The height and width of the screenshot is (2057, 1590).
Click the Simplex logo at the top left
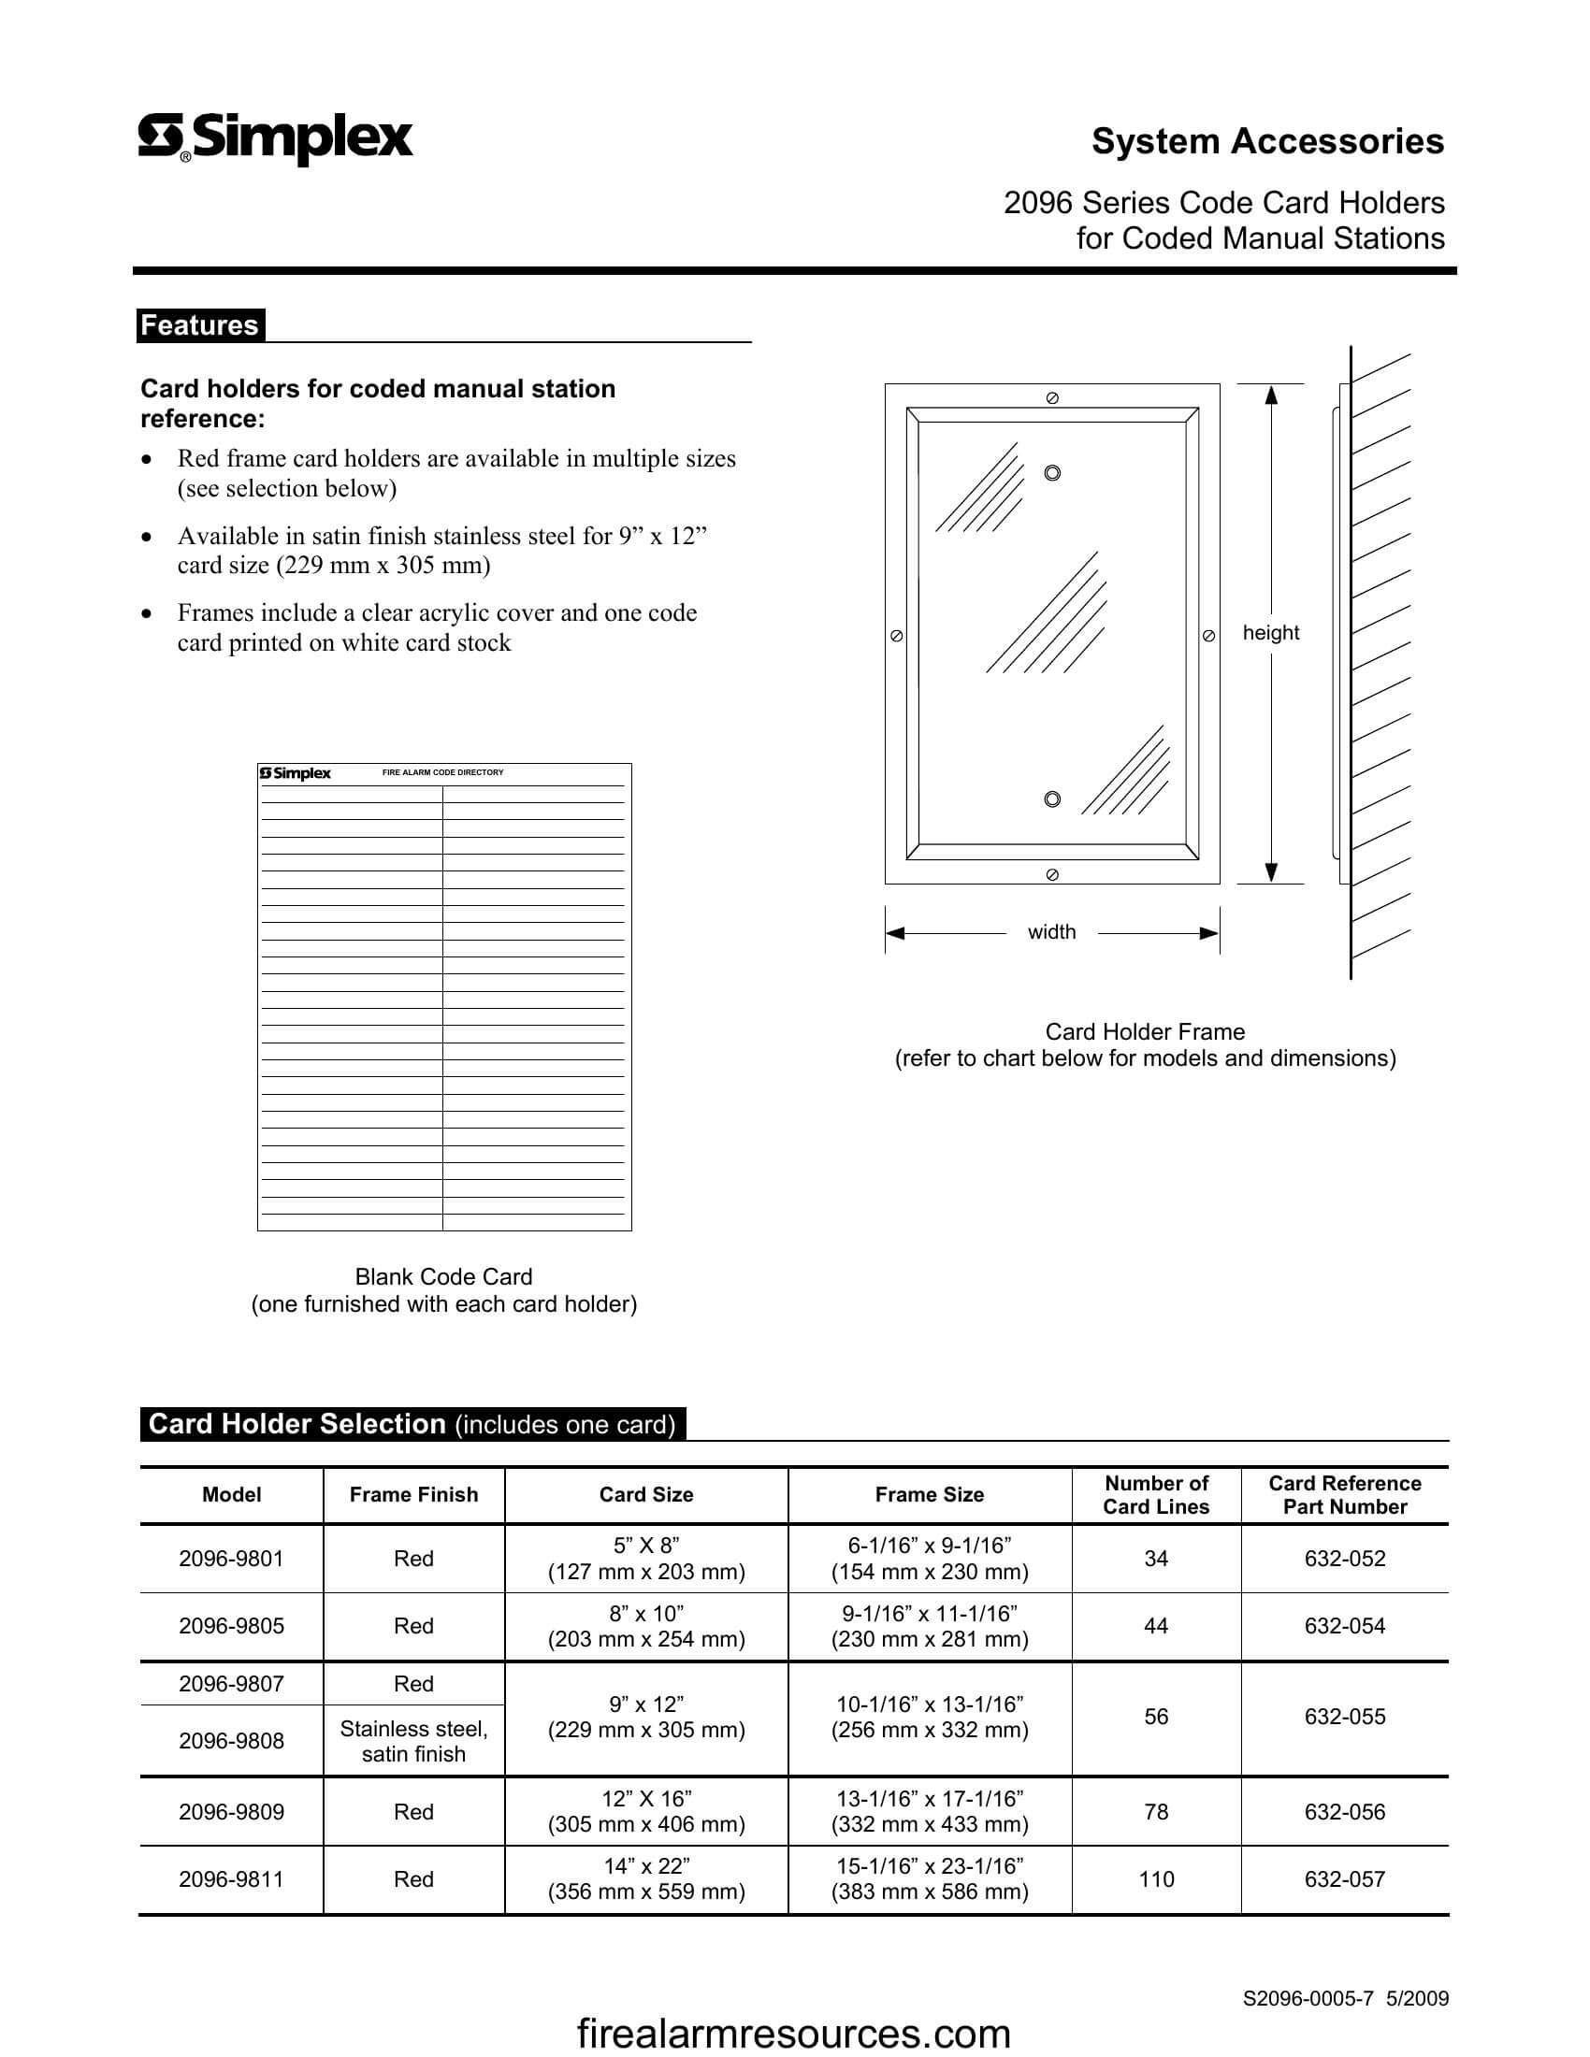275,138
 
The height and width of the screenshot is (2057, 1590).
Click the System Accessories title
1267,141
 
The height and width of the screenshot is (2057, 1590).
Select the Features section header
200,325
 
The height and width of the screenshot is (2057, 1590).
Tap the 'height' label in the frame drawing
1271,633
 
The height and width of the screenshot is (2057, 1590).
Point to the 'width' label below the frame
1051,932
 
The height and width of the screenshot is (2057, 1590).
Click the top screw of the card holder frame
1052,398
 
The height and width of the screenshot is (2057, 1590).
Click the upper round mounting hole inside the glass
1052,473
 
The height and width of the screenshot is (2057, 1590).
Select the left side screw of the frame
897,636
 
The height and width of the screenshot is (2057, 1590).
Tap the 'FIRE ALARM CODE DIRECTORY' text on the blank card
442,772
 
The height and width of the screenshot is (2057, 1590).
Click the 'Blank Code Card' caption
443,1277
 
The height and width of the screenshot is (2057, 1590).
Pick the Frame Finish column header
413,1495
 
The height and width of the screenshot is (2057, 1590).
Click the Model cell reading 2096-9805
232,1626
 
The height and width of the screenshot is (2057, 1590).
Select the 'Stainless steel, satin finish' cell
413,1742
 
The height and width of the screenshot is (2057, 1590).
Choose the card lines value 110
1156,1879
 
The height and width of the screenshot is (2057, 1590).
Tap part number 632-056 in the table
1344,1811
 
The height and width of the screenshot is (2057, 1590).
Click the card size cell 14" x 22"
646,1879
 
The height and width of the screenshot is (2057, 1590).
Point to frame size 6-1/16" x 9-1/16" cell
929,1559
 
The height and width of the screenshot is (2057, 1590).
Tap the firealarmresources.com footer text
793,2034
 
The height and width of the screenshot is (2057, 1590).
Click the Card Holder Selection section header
412,1424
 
